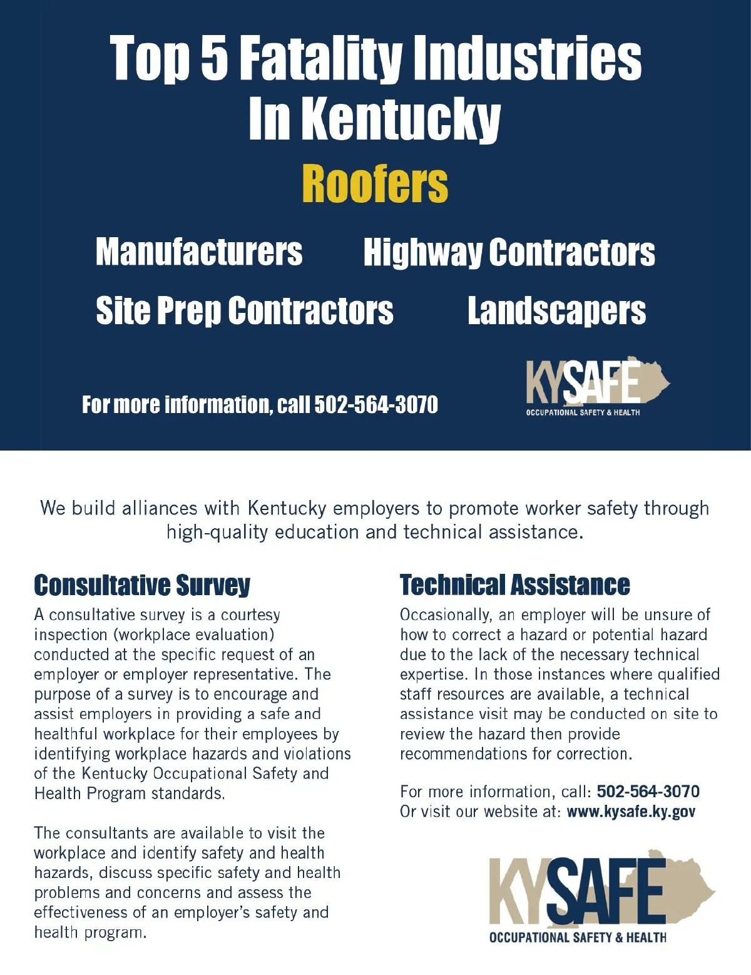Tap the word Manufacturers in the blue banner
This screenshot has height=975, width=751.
coord(199,252)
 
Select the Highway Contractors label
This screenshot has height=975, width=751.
coord(509,252)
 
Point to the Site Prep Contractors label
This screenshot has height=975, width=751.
coord(244,311)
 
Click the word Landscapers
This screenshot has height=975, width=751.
coord(556,311)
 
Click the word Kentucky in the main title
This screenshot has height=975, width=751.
coord(401,118)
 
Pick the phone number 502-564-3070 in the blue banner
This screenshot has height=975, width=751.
coord(375,405)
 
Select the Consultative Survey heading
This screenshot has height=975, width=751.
coord(142,585)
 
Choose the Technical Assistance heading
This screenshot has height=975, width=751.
coord(514,585)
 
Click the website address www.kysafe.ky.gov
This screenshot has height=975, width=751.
coord(630,812)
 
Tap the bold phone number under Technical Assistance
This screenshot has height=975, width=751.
coord(648,792)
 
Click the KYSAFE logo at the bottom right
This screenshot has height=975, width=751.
coord(601,895)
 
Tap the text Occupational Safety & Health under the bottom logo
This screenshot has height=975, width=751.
coord(577,937)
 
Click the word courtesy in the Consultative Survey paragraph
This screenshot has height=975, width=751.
coord(250,615)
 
